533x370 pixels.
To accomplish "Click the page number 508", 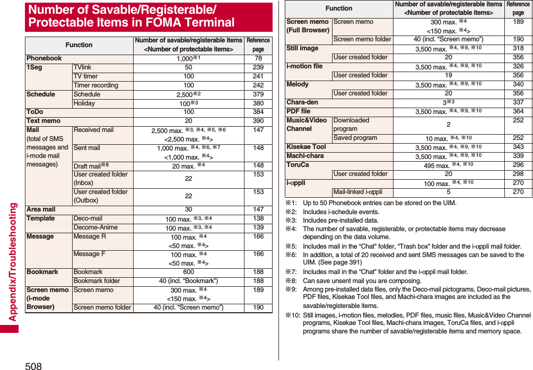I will coord(33,365).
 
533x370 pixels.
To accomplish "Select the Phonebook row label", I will coord(44,58).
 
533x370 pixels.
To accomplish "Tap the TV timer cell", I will coord(86,76).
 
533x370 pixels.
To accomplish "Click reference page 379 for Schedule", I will coord(258,94).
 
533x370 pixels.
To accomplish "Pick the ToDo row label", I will coord(35,112).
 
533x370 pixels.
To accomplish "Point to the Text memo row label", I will coord(43,121).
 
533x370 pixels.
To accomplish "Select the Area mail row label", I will coord(41,209).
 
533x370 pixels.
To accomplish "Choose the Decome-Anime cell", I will coord(95,227).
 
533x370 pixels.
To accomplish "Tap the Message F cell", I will coord(89,254).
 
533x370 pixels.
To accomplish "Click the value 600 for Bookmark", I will coord(188,272).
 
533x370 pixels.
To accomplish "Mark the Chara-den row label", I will coord(302,102).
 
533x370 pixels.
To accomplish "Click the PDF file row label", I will coord(299,111).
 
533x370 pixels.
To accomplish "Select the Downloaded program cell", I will coord(351,125).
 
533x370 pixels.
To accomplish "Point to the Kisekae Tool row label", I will coord(306,147).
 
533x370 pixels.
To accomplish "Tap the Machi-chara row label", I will coord(305,156).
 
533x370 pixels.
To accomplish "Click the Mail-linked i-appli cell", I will coord(357,192).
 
